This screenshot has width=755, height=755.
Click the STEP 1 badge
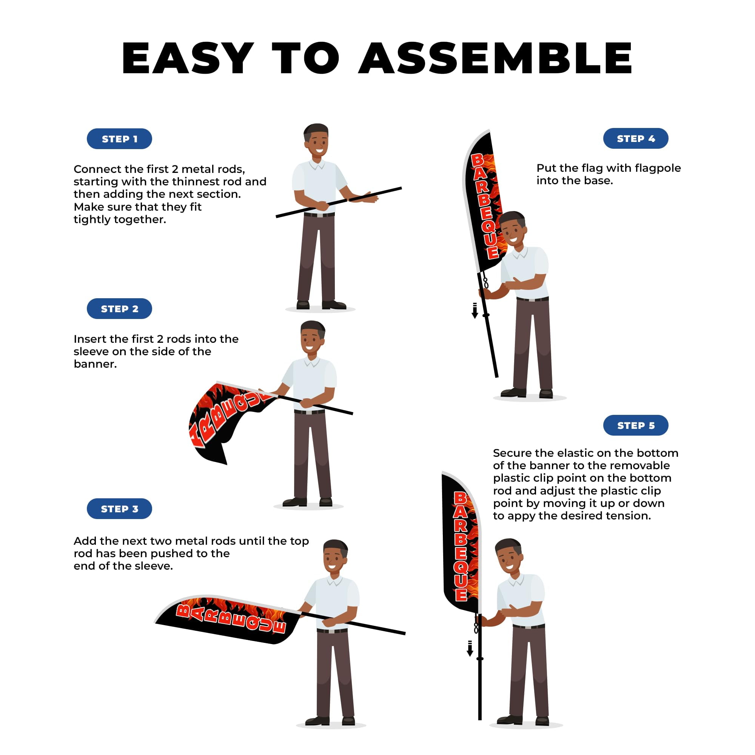pyautogui.click(x=119, y=139)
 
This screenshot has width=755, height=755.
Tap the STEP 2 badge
pyautogui.click(x=119, y=309)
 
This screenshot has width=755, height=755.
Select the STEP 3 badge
pyautogui.click(x=119, y=509)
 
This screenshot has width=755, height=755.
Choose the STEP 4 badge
pyautogui.click(x=636, y=138)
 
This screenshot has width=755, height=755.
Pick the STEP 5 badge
pyautogui.click(x=636, y=425)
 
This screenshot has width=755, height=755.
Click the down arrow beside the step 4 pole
pyautogui.click(x=475, y=311)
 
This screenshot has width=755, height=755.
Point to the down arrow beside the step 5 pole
pyautogui.click(x=470, y=648)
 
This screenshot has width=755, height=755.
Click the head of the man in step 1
pyautogui.click(x=316, y=140)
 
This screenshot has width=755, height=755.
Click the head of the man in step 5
pyautogui.click(x=508, y=555)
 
